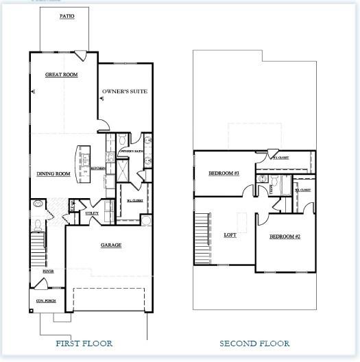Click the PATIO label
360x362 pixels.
(x=58, y=15)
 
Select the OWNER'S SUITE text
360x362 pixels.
(x=125, y=91)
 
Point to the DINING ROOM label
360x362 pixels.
(x=53, y=174)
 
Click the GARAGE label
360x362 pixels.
(x=110, y=245)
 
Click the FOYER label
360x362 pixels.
(x=48, y=271)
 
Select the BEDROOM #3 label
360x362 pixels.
(x=223, y=173)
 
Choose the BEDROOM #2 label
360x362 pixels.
(x=285, y=237)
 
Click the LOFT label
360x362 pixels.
(x=230, y=235)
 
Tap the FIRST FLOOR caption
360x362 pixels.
(x=84, y=343)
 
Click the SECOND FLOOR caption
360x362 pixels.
(x=254, y=343)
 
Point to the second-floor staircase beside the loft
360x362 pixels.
(x=201, y=237)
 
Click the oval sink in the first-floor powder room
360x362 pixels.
(x=38, y=204)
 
